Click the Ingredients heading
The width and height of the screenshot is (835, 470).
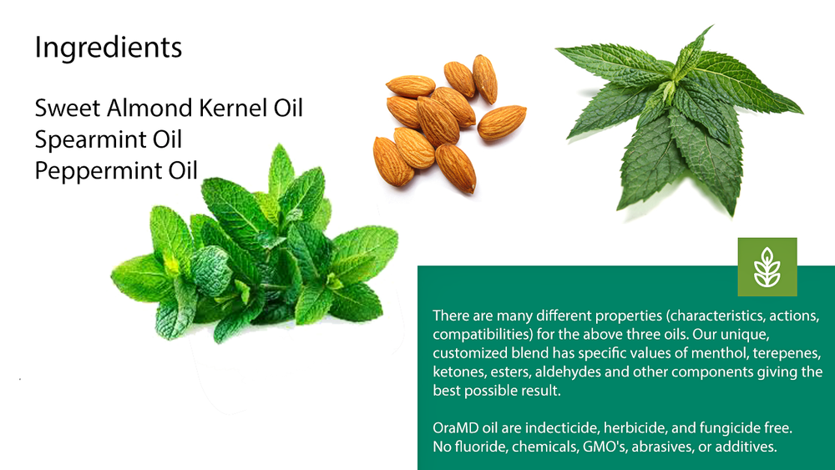click(x=109, y=48)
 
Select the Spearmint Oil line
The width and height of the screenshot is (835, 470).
click(x=109, y=139)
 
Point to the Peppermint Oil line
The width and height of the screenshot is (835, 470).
click(x=116, y=171)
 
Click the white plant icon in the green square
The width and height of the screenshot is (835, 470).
click(x=767, y=267)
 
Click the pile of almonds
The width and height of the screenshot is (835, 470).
click(x=449, y=124)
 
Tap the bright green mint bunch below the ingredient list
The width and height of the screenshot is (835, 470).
click(x=255, y=245)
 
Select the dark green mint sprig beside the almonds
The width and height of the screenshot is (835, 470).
click(x=680, y=120)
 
